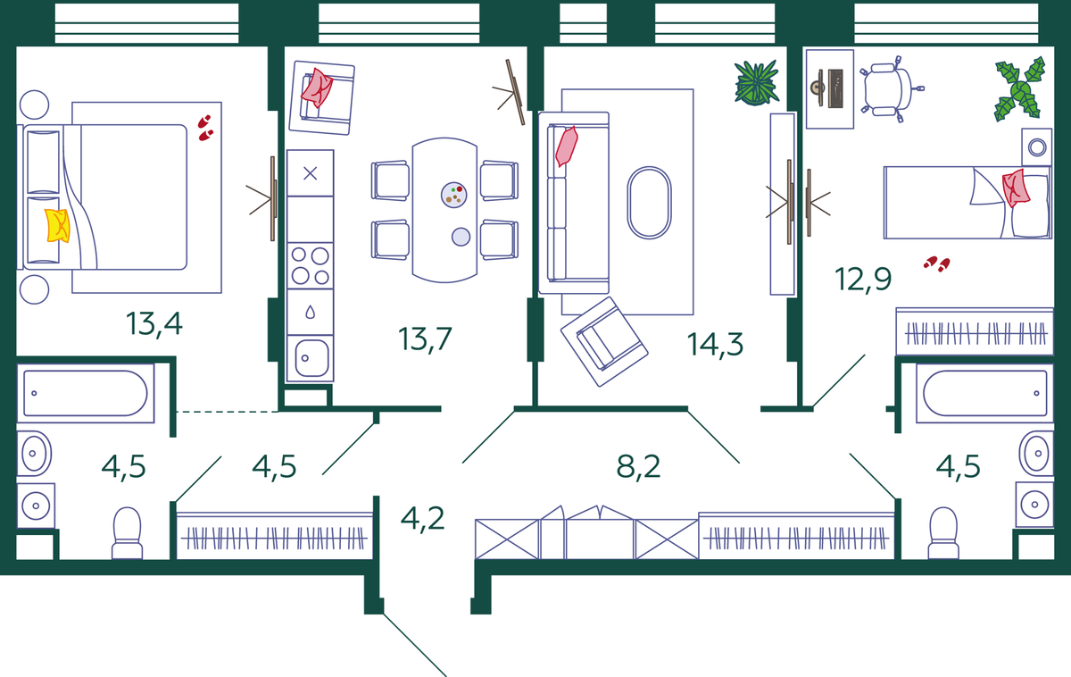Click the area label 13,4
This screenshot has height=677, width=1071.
(x=154, y=324)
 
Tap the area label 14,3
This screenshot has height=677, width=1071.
(x=715, y=345)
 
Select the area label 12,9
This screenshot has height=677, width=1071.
(x=863, y=280)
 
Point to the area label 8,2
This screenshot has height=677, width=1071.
(x=638, y=466)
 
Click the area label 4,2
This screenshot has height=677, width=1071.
(x=423, y=519)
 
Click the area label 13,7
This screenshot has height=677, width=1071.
(x=425, y=339)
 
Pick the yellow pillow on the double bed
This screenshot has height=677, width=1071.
(x=57, y=225)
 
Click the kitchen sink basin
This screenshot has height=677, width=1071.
(x=311, y=358)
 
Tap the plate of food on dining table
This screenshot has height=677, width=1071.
(x=453, y=195)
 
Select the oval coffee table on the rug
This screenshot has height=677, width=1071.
(x=650, y=203)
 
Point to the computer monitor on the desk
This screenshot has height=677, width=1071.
(x=835, y=88)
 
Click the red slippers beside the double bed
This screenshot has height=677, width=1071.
(x=205, y=129)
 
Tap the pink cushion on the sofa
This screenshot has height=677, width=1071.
(x=567, y=146)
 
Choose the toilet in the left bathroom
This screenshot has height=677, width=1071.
(x=127, y=533)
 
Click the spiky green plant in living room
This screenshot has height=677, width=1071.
(x=757, y=83)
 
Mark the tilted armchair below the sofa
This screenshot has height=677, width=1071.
(x=604, y=341)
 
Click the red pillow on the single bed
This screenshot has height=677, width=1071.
(x=1016, y=188)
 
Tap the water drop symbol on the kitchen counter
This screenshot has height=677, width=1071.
(x=311, y=313)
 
